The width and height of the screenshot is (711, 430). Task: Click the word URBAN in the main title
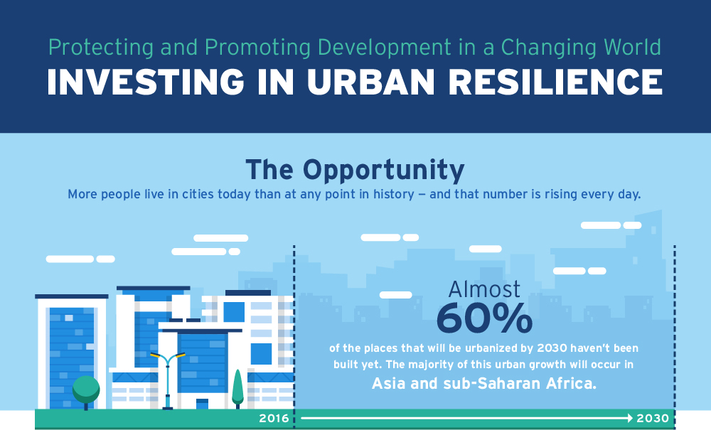coord(371,82)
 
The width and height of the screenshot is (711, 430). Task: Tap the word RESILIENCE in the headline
coord(555,82)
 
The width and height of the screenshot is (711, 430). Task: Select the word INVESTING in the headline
coord(146,82)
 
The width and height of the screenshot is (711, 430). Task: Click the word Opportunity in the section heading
coord(384,171)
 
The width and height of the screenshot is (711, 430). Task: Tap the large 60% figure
coord(484,318)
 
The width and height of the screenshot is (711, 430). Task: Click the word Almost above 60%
coord(484,289)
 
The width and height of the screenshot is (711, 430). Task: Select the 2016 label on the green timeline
coord(274,418)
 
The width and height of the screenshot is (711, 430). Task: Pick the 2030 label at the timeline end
coord(653,418)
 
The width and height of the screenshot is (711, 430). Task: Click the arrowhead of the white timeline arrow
coord(630,418)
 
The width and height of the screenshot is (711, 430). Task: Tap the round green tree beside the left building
coord(86,389)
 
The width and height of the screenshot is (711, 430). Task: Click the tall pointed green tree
coord(237,387)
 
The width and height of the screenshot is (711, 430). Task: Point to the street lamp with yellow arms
coord(168,381)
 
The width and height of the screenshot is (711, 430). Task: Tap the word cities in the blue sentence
coord(198,194)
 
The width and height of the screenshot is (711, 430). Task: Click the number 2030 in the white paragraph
coord(552,348)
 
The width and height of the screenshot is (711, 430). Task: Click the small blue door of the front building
coord(202,404)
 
